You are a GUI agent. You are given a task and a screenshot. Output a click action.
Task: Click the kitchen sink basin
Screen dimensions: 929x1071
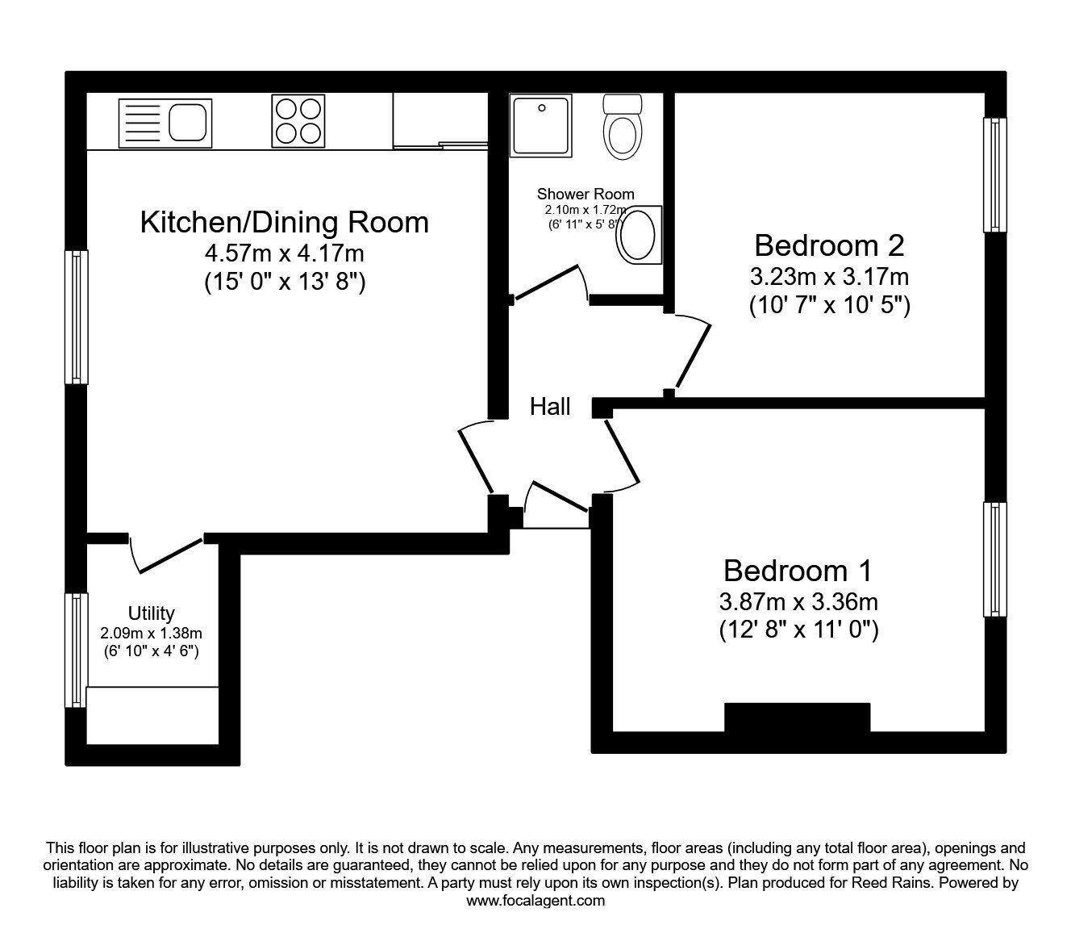coord(189,123)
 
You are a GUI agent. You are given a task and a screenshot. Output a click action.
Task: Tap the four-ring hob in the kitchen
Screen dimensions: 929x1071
coord(298,121)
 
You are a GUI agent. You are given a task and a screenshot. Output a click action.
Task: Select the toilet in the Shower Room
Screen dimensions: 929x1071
coord(623,128)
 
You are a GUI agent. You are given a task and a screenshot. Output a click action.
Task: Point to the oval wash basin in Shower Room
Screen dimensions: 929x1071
coord(638,235)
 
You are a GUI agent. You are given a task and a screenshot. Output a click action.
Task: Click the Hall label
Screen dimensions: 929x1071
coord(550,407)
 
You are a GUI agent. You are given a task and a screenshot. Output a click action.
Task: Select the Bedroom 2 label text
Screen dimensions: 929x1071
coord(829,245)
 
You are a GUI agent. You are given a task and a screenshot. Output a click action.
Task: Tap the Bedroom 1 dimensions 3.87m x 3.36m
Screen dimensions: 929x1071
coord(798,601)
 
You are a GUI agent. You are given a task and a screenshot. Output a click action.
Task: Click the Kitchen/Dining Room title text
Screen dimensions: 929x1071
coord(284,222)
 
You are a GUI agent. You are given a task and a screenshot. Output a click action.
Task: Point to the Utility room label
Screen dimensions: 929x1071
coord(151,613)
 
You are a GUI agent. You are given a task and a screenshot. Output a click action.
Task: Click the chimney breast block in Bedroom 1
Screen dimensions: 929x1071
coord(797,718)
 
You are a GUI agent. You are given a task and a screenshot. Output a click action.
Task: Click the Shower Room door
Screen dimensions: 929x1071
coord(549,284)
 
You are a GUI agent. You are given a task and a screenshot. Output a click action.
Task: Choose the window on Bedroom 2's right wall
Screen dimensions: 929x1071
coord(996,175)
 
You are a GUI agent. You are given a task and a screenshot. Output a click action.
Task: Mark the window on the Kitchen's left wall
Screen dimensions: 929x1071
coord(77,316)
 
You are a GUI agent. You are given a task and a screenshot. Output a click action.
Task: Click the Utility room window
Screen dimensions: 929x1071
coord(77,651)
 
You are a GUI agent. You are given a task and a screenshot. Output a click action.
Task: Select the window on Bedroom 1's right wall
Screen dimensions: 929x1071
coord(996,560)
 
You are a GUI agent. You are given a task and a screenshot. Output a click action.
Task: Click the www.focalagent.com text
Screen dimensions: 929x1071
coord(535,901)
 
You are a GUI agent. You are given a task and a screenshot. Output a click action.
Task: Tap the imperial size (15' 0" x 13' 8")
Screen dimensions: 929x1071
coord(284,283)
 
